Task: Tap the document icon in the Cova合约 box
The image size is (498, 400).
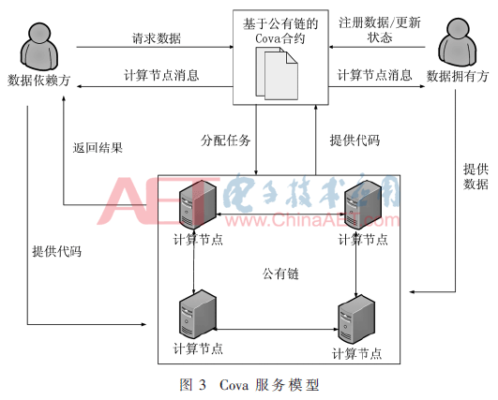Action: click(278, 70)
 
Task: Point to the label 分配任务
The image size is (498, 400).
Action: click(226, 141)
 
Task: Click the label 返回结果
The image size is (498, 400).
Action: click(98, 146)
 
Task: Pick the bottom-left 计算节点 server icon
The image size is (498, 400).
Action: click(196, 316)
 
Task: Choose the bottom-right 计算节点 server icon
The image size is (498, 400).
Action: click(357, 318)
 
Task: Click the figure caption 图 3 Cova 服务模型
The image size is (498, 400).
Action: click(248, 385)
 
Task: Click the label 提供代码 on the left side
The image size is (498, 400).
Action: click(56, 251)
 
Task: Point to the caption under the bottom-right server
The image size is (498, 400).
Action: click(357, 353)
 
